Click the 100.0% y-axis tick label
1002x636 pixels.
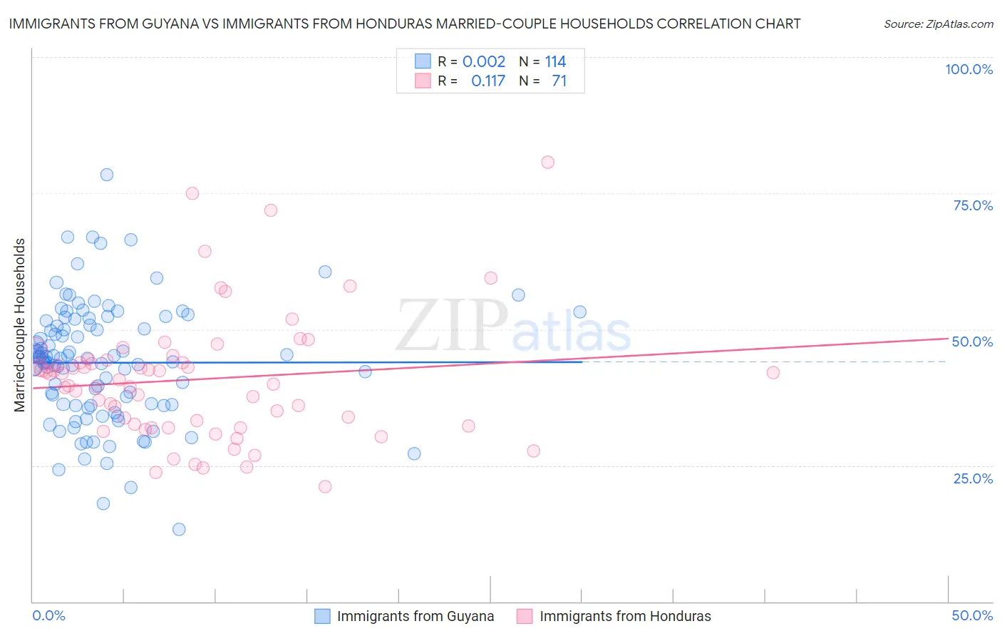(x=969, y=69)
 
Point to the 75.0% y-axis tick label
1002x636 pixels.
(x=973, y=205)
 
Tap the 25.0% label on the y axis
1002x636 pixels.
(x=973, y=478)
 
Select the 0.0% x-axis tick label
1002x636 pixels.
(x=48, y=615)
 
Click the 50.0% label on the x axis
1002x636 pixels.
(x=972, y=615)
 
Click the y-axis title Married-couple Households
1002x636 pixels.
(x=20, y=325)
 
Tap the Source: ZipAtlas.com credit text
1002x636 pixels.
(x=938, y=24)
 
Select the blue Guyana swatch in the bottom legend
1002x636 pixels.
(x=322, y=616)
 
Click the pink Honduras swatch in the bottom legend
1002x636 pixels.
(x=525, y=616)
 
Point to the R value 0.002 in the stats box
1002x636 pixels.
(x=484, y=61)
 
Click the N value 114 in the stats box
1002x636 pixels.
(x=555, y=61)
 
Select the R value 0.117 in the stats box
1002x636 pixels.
(x=488, y=81)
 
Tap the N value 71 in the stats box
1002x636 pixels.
(x=559, y=81)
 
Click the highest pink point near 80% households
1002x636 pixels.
(x=547, y=162)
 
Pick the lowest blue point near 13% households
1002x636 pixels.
(x=179, y=529)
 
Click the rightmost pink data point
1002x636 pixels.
(x=773, y=372)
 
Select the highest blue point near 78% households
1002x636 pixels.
(x=107, y=175)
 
